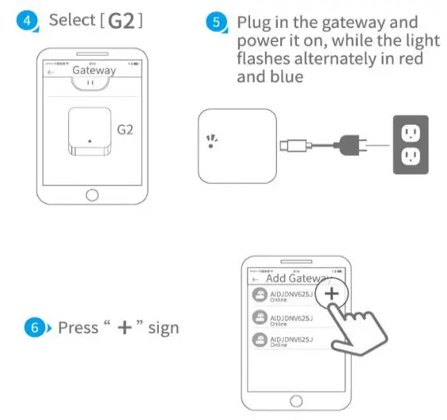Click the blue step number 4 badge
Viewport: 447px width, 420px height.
coord(29,21)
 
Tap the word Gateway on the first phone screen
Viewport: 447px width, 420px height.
coord(94,70)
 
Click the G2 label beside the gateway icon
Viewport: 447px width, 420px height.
coord(127,128)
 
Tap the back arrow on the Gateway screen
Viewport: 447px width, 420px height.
coord(51,71)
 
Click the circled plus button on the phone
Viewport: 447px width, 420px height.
coord(332,294)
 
